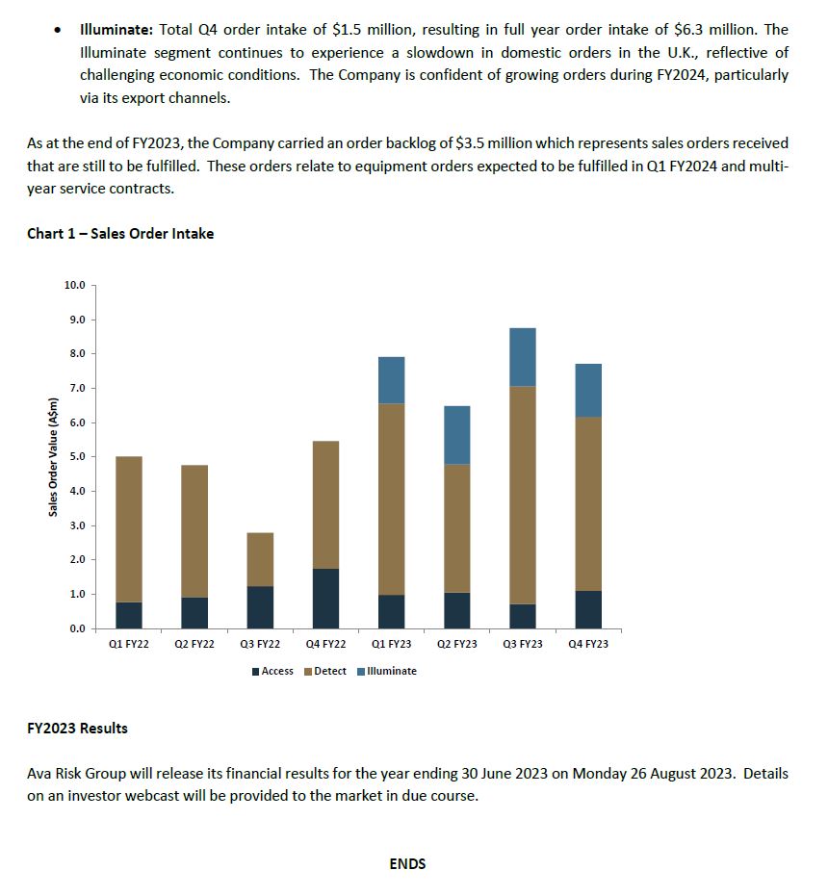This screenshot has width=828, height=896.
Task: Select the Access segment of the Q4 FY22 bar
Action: (x=325, y=598)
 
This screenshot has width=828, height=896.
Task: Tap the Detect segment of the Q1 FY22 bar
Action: (x=129, y=529)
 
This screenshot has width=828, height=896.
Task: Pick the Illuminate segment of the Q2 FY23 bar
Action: (x=456, y=435)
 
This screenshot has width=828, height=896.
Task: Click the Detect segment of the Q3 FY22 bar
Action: (x=260, y=559)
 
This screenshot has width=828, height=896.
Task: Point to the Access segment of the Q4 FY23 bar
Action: (x=588, y=609)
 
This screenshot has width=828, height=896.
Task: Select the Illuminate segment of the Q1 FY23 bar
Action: (x=391, y=380)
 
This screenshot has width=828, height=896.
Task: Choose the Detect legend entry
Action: (x=325, y=671)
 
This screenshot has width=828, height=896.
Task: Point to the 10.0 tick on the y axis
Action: (x=75, y=285)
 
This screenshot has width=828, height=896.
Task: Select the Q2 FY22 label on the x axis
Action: (x=194, y=644)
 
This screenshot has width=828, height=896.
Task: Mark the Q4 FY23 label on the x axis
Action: (x=588, y=644)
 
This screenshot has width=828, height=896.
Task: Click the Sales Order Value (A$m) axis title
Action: (x=54, y=456)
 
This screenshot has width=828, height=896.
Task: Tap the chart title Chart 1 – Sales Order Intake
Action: (x=120, y=233)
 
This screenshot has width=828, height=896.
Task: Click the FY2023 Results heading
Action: (x=77, y=728)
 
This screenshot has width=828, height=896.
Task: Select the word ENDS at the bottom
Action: (x=407, y=863)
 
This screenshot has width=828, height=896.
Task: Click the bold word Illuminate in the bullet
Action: (x=115, y=30)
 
